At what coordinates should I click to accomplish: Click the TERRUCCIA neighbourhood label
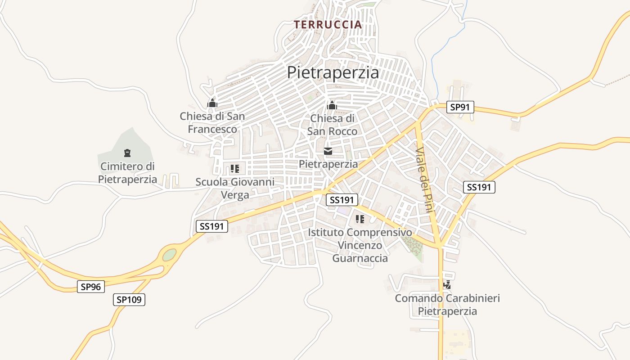point(328,24)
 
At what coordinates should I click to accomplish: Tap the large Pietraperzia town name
point(333,72)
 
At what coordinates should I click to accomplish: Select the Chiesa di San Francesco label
point(212,123)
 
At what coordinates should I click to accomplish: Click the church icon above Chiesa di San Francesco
point(212,103)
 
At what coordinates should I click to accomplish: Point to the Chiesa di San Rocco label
point(332,125)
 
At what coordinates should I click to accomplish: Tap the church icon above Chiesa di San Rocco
point(332,105)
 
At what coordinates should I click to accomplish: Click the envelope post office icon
point(328,151)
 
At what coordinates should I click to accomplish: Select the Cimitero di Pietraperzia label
point(128,173)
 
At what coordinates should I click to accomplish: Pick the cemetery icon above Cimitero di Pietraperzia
point(127,153)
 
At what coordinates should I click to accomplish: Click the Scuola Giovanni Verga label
point(235,189)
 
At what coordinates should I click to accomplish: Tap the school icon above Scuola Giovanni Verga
point(234,169)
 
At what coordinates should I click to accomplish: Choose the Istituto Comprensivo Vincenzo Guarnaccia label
point(360,245)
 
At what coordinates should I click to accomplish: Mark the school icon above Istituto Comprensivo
point(360,219)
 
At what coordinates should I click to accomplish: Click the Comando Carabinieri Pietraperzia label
point(447,305)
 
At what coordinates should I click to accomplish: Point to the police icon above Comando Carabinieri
point(447,285)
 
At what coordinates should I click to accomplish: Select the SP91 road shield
point(460,107)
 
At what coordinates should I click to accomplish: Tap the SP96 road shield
point(91,286)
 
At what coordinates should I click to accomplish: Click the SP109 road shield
point(129,300)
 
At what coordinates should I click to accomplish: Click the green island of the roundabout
point(169,255)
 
